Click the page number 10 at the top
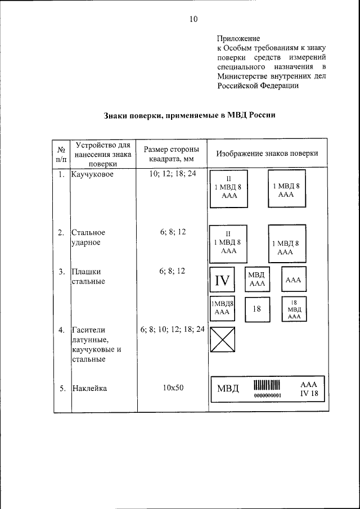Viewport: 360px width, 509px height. pos(193,19)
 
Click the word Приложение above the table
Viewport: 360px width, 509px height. pos(238,39)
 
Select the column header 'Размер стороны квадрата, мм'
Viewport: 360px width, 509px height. pos(172,154)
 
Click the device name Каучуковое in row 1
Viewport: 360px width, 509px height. pos(92,175)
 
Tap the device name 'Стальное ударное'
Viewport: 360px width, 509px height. pos(88,237)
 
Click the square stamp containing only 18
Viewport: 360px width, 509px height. pos(256,309)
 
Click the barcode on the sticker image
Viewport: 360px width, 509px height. pos(266,385)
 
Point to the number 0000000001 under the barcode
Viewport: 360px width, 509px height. pos(267,395)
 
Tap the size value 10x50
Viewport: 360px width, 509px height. pos(172,388)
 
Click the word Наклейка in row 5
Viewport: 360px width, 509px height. pos(89,388)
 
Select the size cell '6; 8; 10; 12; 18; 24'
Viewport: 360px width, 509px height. pos(172,330)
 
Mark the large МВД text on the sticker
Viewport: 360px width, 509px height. pos(228,389)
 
